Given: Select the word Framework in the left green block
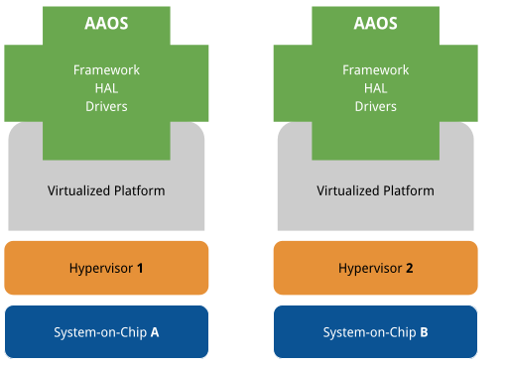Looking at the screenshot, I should [106, 70].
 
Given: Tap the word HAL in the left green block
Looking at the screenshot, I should [106, 88].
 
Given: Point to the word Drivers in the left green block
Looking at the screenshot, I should [106, 106].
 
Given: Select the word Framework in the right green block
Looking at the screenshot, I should [375, 70].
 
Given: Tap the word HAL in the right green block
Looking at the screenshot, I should [375, 88].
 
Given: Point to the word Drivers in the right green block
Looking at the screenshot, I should [375, 106].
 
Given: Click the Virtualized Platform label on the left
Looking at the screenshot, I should [106, 189].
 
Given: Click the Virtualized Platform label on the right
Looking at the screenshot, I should [375, 189].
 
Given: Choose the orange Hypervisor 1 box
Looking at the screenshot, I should [106, 268].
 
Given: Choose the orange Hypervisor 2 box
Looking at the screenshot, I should [375, 268].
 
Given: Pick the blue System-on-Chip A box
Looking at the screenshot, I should [106, 331].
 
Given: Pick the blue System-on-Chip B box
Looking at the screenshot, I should [375, 331].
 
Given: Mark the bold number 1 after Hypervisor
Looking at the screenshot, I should [140, 268].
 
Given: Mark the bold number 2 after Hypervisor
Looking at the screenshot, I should [409, 268].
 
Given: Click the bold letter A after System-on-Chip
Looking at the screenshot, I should [155, 332].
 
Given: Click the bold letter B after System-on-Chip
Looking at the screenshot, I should [424, 332].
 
